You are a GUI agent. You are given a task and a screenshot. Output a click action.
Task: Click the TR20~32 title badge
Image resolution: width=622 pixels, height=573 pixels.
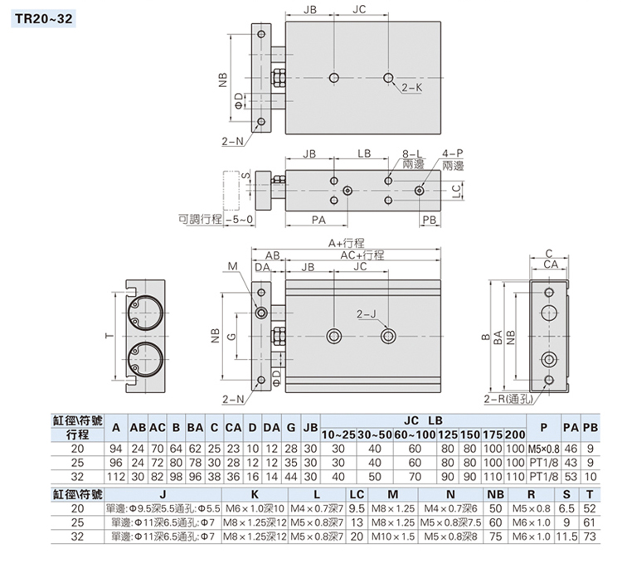coord(41,16)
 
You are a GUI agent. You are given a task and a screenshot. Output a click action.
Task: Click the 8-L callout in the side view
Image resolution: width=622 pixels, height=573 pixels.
coord(413,153)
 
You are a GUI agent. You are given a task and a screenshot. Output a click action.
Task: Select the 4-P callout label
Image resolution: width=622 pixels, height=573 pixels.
coord(453,153)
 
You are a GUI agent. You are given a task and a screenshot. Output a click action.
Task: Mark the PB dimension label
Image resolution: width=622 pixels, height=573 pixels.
coord(429,219)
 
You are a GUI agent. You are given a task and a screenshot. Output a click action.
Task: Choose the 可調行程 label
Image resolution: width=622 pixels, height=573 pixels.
coord(200,219)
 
